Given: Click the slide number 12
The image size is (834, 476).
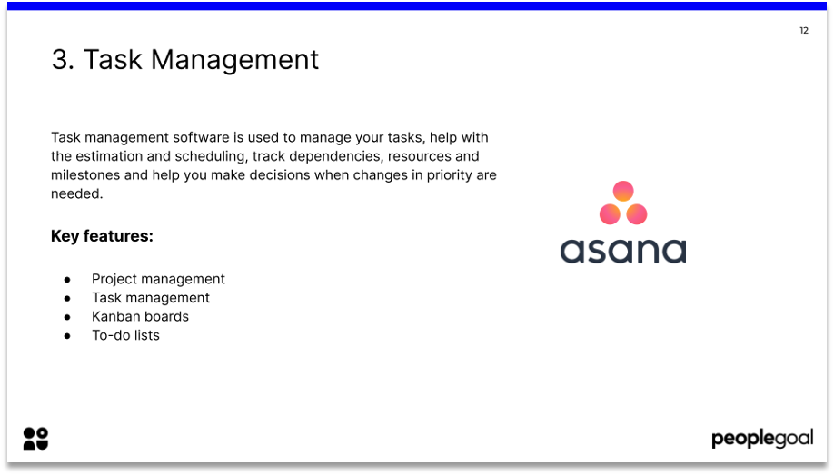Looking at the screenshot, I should tap(804, 31).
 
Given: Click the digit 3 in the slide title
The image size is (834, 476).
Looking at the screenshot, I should tap(61, 60).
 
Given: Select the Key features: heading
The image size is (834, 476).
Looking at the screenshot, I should tap(102, 236).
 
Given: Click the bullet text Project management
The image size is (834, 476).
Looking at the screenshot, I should tap(158, 279).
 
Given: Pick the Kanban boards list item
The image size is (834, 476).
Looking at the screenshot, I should tap(140, 316).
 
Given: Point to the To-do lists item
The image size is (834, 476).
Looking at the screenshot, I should tap(125, 335).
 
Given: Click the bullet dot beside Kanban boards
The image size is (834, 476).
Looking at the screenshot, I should tap(67, 317).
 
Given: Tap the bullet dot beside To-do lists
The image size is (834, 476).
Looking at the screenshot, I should tap(67, 336).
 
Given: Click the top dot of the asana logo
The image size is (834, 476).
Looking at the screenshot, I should tap(623, 191).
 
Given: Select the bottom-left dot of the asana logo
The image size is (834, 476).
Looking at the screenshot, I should tap(610, 214).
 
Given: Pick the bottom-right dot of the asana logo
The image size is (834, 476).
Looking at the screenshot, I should tap(637, 214).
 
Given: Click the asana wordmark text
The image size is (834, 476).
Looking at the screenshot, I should tap(623, 250).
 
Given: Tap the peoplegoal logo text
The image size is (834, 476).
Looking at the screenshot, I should tap(761, 440).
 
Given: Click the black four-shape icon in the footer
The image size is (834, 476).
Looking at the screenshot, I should tap(35, 439).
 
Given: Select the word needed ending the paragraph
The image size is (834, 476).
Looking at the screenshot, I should tap(76, 193).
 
